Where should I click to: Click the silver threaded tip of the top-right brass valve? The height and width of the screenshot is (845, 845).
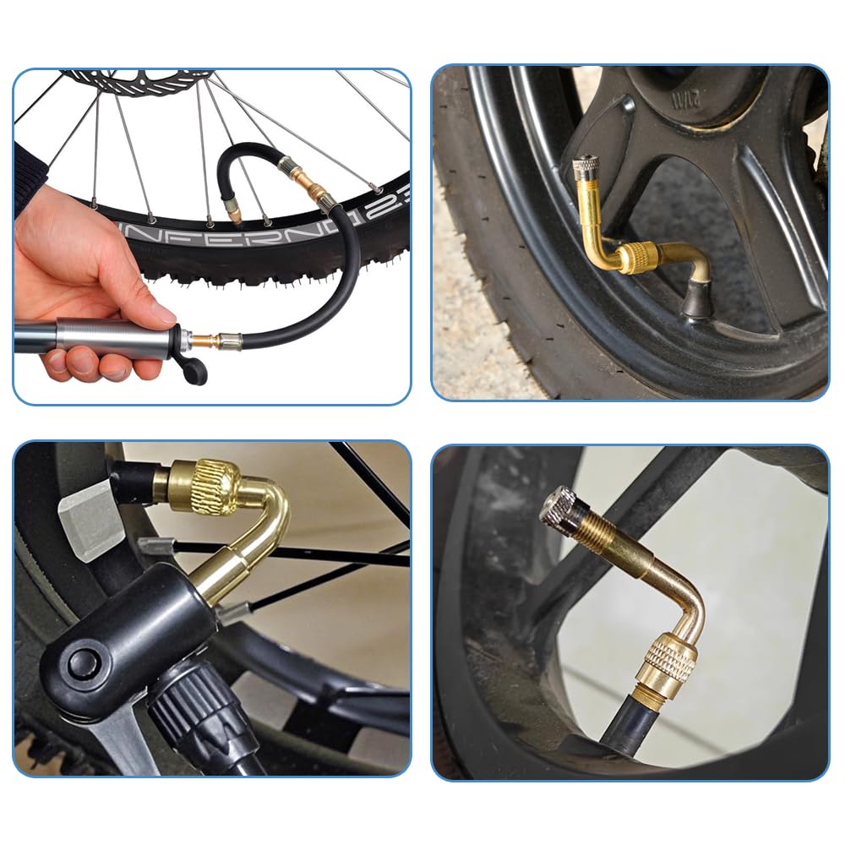click(584, 167)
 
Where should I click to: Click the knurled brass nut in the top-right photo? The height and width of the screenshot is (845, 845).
click(637, 257)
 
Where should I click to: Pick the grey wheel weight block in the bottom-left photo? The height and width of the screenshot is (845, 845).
click(90, 518)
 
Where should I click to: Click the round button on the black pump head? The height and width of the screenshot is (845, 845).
click(82, 662)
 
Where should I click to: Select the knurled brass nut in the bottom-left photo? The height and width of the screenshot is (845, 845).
click(206, 485)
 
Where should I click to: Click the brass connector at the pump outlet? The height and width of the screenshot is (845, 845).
click(207, 342)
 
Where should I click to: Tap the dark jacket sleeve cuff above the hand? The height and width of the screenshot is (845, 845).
click(30, 173)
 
